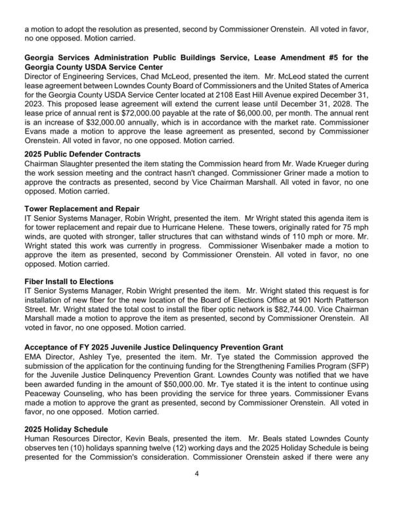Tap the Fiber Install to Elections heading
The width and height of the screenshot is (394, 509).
[x=69, y=281]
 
